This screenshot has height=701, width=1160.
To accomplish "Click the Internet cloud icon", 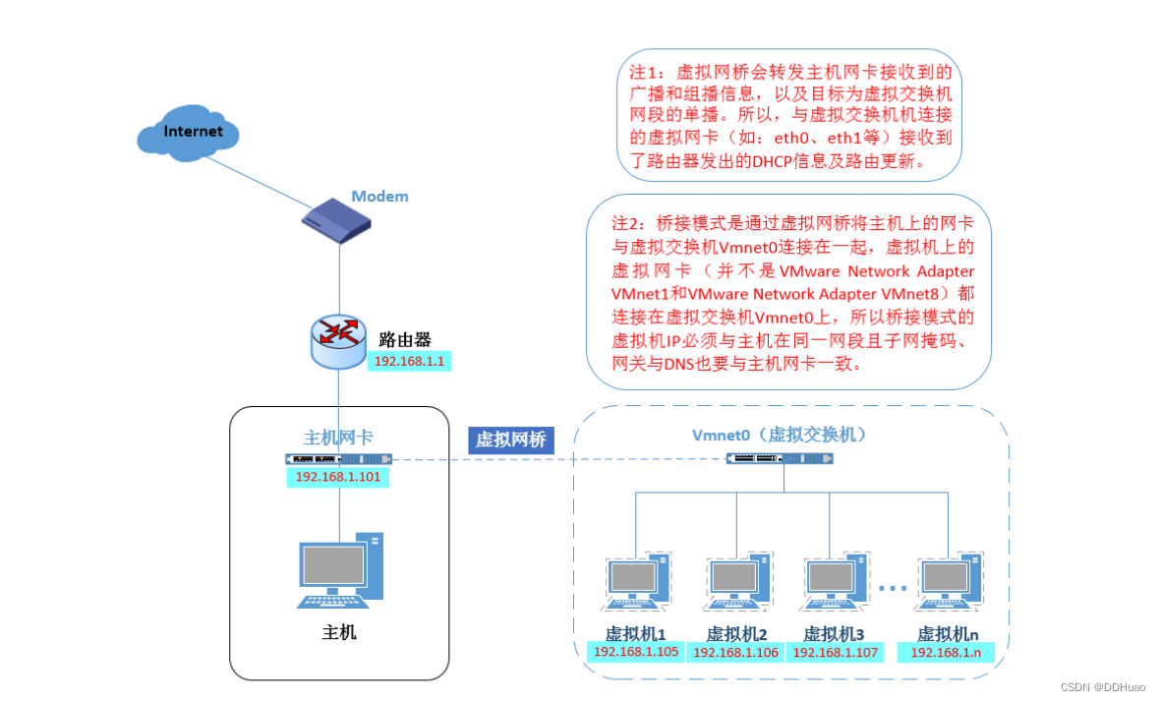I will tap(193, 133).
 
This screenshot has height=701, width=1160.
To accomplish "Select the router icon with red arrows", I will tap(338, 340).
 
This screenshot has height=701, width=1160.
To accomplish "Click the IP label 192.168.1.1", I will tap(410, 362).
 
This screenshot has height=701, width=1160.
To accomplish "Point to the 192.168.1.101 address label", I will tap(338, 478).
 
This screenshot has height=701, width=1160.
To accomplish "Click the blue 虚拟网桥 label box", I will tap(510, 439).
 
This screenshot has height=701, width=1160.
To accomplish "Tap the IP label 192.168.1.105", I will tap(636, 652).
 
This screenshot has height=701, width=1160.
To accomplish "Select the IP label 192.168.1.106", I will tap(735, 653).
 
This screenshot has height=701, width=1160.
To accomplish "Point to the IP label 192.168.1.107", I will tap(835, 653).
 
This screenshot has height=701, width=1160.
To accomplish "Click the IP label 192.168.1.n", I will tap(946, 653).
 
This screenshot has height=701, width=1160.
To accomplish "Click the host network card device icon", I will tap(338, 459).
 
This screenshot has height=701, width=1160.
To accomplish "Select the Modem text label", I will tap(379, 196).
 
